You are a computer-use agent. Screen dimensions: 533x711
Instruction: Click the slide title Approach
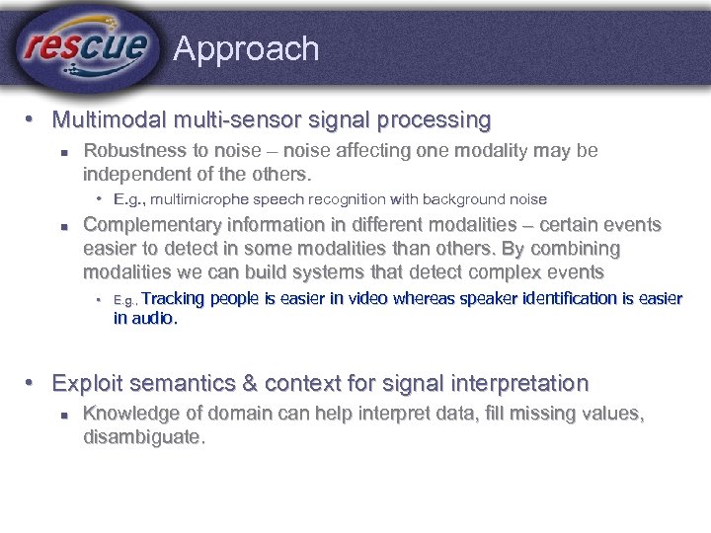[246, 49]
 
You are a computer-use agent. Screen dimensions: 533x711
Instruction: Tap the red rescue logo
[87, 46]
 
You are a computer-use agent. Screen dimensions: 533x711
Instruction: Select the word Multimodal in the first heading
[109, 120]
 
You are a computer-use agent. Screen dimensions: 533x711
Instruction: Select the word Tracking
[175, 298]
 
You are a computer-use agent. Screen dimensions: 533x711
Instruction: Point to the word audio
[154, 318]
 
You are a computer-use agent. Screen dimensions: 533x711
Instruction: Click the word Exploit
[87, 383]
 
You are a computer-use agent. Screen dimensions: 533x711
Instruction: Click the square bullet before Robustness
[62, 153]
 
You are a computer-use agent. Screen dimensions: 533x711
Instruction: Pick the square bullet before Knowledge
[62, 416]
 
